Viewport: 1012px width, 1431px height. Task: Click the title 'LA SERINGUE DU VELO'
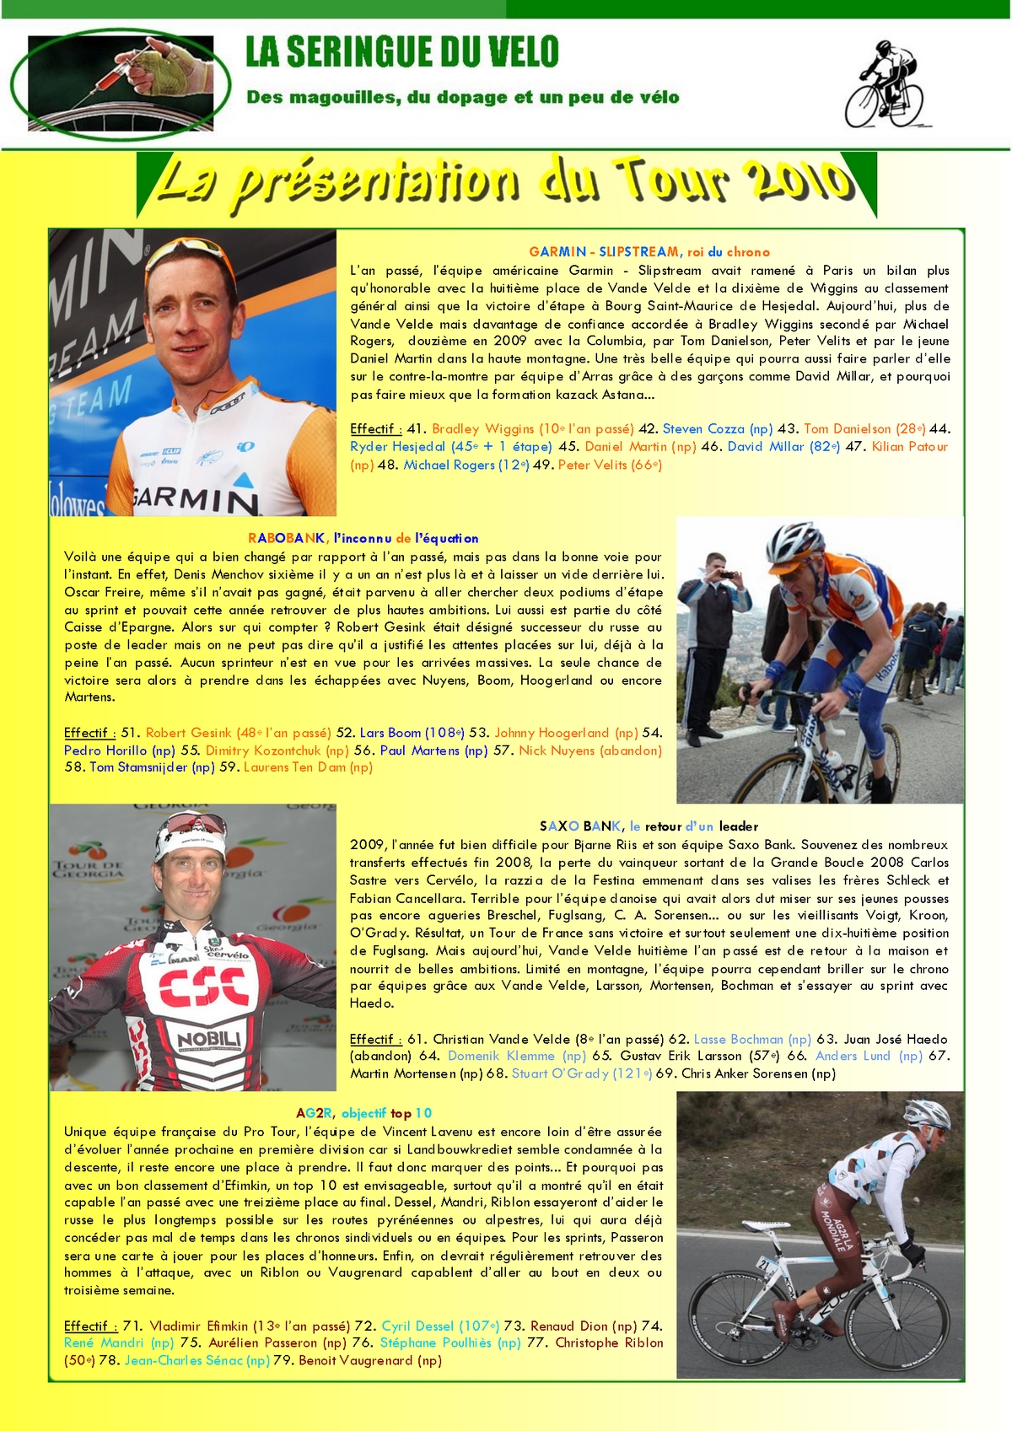point(402,52)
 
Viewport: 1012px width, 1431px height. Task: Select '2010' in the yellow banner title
point(795,180)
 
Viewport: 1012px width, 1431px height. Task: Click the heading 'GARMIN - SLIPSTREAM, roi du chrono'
point(649,251)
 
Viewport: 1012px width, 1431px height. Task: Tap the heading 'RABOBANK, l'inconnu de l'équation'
point(363,538)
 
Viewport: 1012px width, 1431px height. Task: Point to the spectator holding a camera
point(713,607)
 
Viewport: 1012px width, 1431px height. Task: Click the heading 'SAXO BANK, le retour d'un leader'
point(649,826)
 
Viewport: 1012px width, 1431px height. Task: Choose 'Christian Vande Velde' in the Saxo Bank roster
point(502,1039)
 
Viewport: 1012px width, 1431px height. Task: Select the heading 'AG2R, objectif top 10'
point(363,1113)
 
